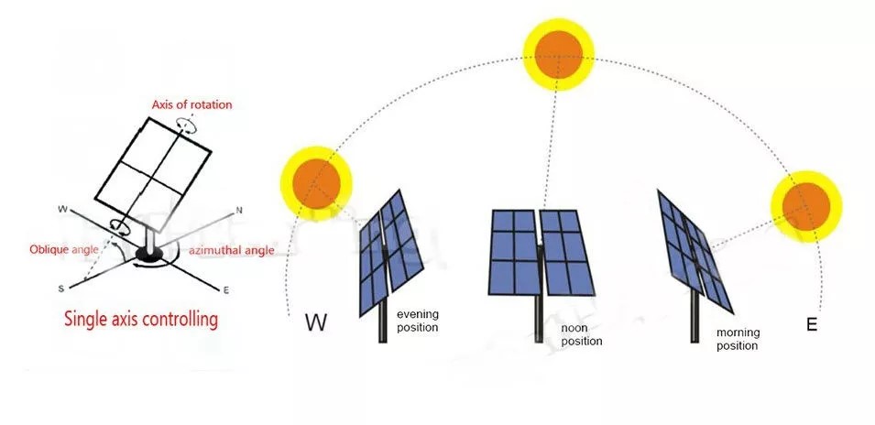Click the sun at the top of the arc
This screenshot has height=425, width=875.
point(559,54)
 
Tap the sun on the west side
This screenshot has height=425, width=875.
point(316,183)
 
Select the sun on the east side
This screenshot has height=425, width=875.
point(806,206)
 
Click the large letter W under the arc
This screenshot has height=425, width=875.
point(316,323)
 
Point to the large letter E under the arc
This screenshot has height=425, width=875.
point(812,324)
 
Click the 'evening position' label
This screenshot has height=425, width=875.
point(418,321)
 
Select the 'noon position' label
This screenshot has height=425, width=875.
point(582,334)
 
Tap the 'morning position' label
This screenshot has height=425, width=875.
point(738,339)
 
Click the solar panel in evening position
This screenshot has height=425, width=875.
point(390,252)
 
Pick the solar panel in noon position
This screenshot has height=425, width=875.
point(541,253)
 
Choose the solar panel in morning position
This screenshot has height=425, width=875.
point(695,251)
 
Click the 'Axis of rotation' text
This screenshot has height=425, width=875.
point(192,104)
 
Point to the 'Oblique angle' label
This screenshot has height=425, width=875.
point(64,249)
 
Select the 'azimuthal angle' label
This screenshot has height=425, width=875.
point(232,250)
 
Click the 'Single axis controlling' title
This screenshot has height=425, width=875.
point(140,320)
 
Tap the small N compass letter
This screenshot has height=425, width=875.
point(239,211)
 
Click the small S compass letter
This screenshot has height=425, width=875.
point(60,288)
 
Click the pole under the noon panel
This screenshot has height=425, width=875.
point(539,318)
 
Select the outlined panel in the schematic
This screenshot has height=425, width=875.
point(153,174)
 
